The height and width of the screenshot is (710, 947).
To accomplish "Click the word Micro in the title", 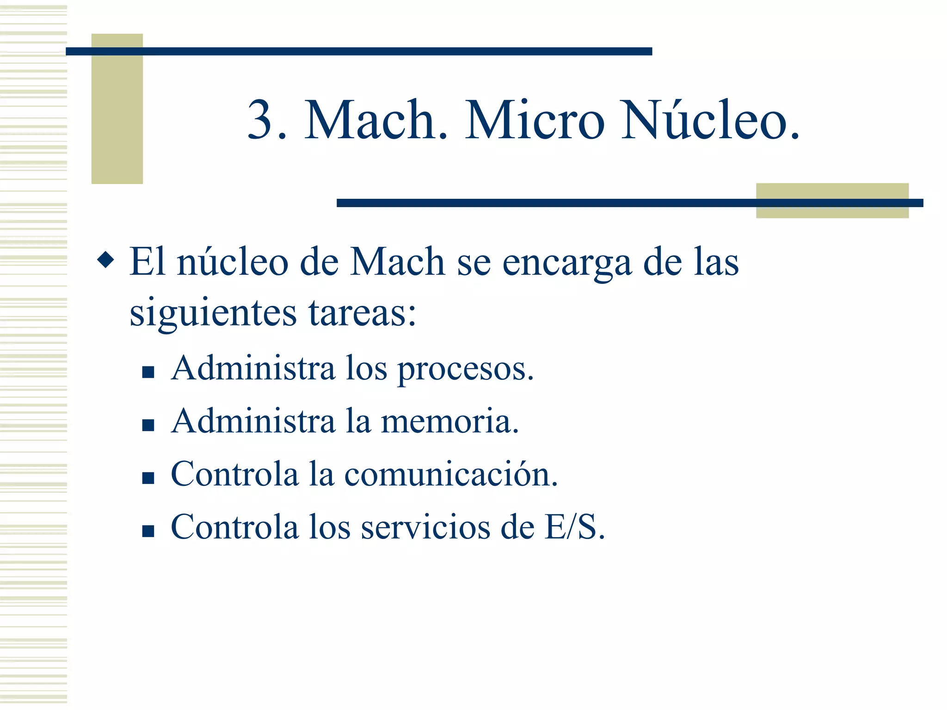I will point(535,120).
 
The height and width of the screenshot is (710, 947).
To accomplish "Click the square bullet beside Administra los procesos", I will point(148,372).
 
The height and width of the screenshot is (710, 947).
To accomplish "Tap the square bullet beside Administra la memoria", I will point(148,425).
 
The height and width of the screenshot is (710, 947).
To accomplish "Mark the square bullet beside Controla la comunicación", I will point(148,477).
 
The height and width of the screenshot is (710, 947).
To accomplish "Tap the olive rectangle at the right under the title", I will point(832,192).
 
